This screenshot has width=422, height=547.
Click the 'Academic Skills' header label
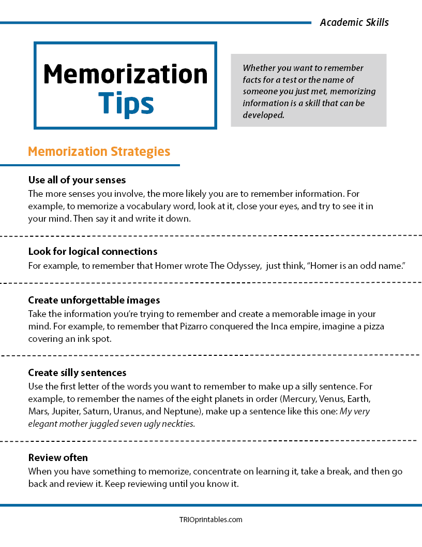[354, 22]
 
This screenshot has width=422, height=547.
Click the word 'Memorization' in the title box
[125, 74]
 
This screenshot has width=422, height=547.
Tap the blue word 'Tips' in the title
[126, 104]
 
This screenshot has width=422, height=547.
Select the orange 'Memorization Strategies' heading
[99, 151]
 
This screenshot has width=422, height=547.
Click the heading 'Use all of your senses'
[77, 180]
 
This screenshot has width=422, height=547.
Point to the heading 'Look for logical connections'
[93, 251]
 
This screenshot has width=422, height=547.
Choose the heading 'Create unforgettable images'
[94, 300]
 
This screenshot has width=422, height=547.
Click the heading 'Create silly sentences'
[77, 372]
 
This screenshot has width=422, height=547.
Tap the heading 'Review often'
[58, 457]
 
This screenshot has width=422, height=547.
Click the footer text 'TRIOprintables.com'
[210, 520]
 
